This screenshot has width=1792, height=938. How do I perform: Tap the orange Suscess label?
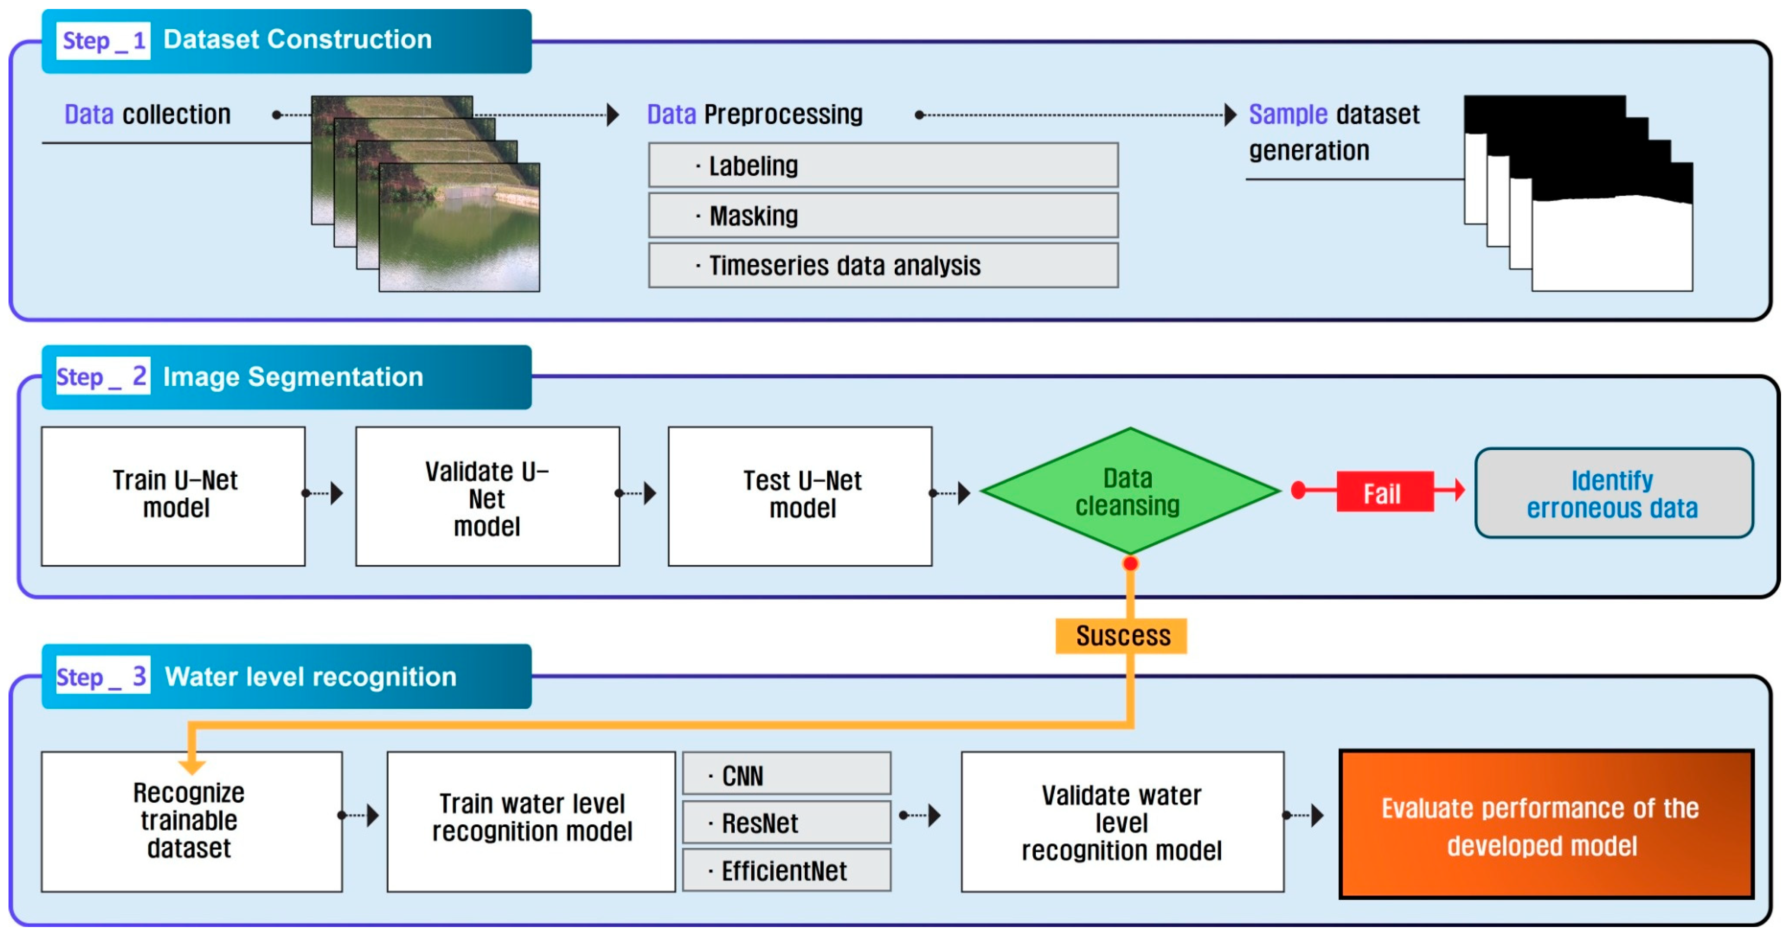1121,635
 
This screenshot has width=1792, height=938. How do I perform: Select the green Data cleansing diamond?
1130,491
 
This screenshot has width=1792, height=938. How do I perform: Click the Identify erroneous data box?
1613,493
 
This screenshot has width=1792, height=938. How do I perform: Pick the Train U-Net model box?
173,496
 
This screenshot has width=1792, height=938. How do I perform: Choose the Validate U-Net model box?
487,496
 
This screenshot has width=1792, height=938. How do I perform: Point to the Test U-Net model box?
800,496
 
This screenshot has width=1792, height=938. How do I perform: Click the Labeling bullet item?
883,165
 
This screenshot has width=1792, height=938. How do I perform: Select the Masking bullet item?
883,215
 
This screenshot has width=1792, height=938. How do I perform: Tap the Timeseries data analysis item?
883,265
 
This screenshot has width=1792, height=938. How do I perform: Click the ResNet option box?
787,822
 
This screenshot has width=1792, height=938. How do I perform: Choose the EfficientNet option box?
787,870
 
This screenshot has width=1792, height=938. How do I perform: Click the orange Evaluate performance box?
1546,824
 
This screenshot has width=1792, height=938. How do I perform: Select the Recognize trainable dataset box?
192,821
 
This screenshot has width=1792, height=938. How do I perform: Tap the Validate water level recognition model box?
1122,821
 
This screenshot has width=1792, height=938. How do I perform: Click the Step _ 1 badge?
103,40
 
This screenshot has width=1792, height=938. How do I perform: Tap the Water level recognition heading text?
310,676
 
